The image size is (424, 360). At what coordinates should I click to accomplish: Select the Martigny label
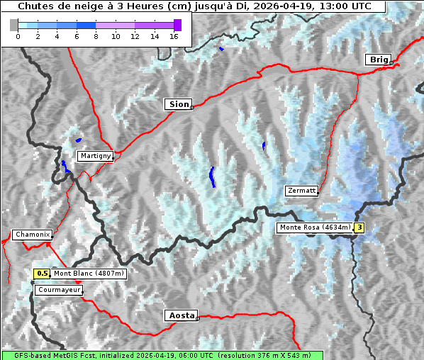(x=96, y=155)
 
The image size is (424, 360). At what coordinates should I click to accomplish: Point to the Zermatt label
(x=301, y=191)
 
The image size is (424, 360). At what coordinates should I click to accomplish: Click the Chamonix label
(x=32, y=235)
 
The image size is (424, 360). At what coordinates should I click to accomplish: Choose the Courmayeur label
(x=59, y=290)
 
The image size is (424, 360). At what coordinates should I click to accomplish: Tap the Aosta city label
(x=180, y=315)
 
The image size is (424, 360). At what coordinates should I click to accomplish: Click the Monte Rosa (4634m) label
(x=314, y=227)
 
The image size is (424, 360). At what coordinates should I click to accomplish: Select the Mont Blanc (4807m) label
(x=89, y=274)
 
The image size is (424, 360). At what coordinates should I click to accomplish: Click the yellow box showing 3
(x=359, y=227)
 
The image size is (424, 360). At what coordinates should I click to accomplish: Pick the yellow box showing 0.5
(x=43, y=274)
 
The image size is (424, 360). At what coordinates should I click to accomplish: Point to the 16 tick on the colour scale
(x=174, y=35)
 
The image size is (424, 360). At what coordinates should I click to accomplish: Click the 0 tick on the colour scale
(x=18, y=35)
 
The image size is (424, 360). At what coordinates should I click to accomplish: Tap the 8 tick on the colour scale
(x=96, y=35)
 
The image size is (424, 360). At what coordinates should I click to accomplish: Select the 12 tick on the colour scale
(x=135, y=35)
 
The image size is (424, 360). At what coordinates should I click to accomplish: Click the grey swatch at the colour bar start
(x=14, y=25)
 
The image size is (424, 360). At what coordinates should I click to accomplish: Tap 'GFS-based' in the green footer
(x=25, y=355)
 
